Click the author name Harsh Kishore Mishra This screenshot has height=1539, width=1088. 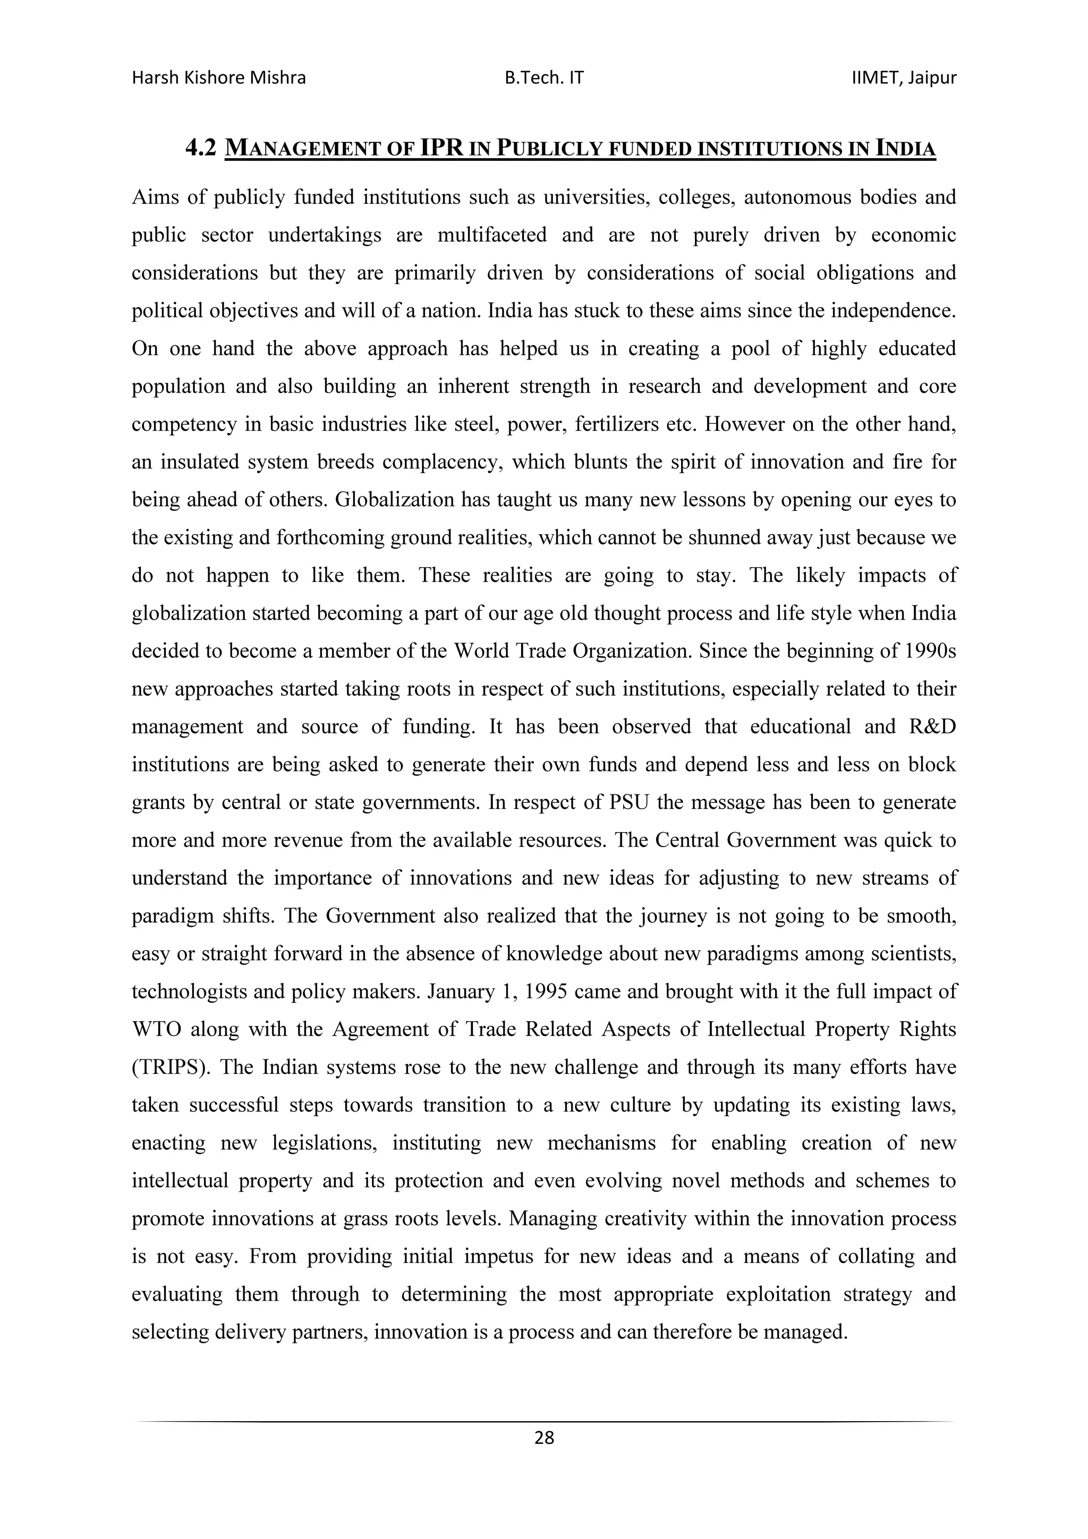(x=218, y=79)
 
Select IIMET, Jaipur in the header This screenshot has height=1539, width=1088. (x=903, y=79)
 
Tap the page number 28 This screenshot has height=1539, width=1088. (x=545, y=1438)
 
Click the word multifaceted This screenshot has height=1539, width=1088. (x=491, y=235)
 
